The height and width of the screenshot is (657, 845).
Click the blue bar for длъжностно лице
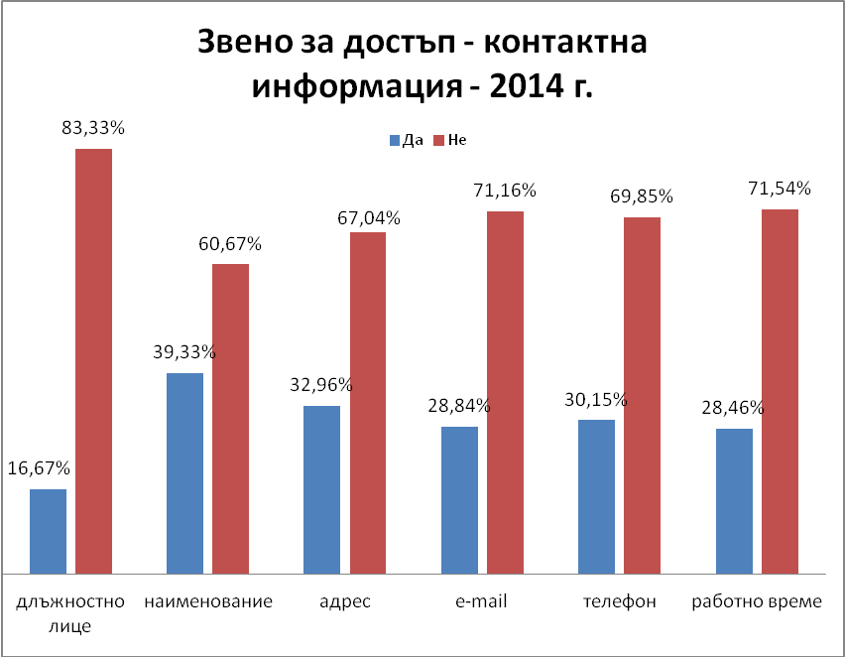pyautogui.click(x=49, y=531)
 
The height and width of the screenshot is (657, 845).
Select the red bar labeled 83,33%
pyautogui.click(x=94, y=361)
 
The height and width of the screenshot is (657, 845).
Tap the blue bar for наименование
pyautogui.click(x=184, y=473)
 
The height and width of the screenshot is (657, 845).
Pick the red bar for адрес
pyautogui.click(x=368, y=403)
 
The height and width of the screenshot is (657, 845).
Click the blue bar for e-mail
pyautogui.click(x=459, y=500)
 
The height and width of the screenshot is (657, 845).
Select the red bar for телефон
pyautogui.click(x=642, y=395)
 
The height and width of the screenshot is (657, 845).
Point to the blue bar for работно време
pyautogui.click(x=734, y=501)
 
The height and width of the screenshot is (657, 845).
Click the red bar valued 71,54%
pyautogui.click(x=780, y=391)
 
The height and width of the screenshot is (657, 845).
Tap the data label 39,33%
pyautogui.click(x=184, y=352)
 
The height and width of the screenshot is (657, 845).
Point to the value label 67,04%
pyautogui.click(x=368, y=218)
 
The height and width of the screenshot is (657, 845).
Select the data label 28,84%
pyautogui.click(x=459, y=406)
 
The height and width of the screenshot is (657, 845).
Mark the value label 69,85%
pyautogui.click(x=641, y=197)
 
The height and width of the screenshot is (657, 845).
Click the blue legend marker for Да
pyautogui.click(x=395, y=140)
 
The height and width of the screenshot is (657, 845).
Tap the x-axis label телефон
pyautogui.click(x=619, y=601)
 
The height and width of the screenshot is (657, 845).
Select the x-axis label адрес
pyautogui.click(x=345, y=601)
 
